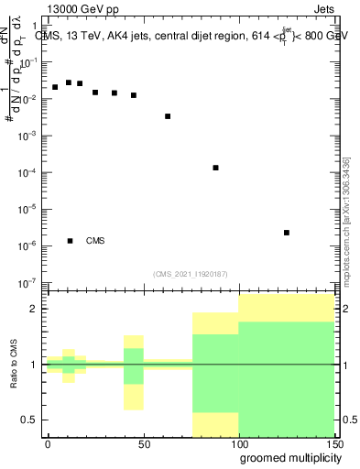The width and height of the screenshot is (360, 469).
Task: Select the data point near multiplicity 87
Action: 215,168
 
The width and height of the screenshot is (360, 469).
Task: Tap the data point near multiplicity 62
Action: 168,116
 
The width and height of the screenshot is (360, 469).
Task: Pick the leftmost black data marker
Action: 55,87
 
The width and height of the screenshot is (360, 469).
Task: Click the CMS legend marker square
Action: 71,241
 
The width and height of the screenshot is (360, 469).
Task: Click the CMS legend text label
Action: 95,241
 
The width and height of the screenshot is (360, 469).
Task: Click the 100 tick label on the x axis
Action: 238,442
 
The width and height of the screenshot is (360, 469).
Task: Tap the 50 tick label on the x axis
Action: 143,442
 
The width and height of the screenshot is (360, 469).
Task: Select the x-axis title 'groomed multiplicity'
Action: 289,456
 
